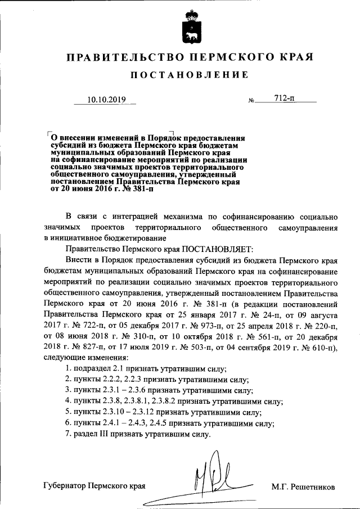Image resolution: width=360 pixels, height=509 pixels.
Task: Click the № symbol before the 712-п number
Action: click(251, 101)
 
